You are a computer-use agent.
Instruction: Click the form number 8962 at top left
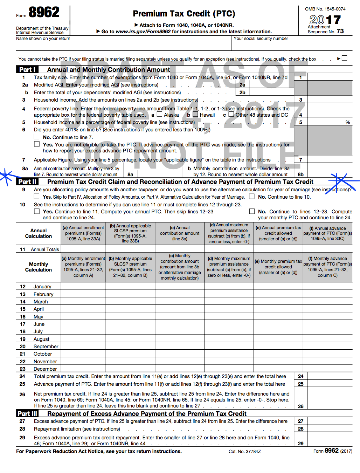[x=44, y=13]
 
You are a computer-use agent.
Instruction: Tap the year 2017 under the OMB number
[x=325, y=20]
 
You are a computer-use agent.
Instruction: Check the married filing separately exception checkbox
[x=344, y=58]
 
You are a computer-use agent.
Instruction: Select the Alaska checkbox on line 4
[x=159, y=114]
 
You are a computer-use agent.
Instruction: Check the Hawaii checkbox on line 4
[x=195, y=114]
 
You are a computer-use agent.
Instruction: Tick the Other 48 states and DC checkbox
[x=231, y=114]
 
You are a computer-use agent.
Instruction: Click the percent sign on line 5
[x=347, y=122]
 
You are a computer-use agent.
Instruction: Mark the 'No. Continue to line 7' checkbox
[x=37, y=137]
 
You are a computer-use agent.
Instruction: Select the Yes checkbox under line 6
[x=37, y=144]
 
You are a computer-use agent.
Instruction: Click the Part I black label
[x=27, y=69]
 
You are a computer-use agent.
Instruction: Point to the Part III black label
[x=27, y=413]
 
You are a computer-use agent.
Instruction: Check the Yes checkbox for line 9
[x=37, y=197]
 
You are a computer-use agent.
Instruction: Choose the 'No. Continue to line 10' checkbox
[x=252, y=197]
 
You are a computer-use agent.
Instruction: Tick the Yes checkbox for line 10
[x=37, y=211]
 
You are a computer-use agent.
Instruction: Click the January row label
[x=42, y=287]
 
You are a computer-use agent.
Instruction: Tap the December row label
[x=45, y=369]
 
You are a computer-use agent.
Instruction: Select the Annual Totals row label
[x=45, y=249]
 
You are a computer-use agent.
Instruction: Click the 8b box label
[x=300, y=174]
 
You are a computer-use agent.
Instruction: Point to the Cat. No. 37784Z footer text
[x=244, y=451]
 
